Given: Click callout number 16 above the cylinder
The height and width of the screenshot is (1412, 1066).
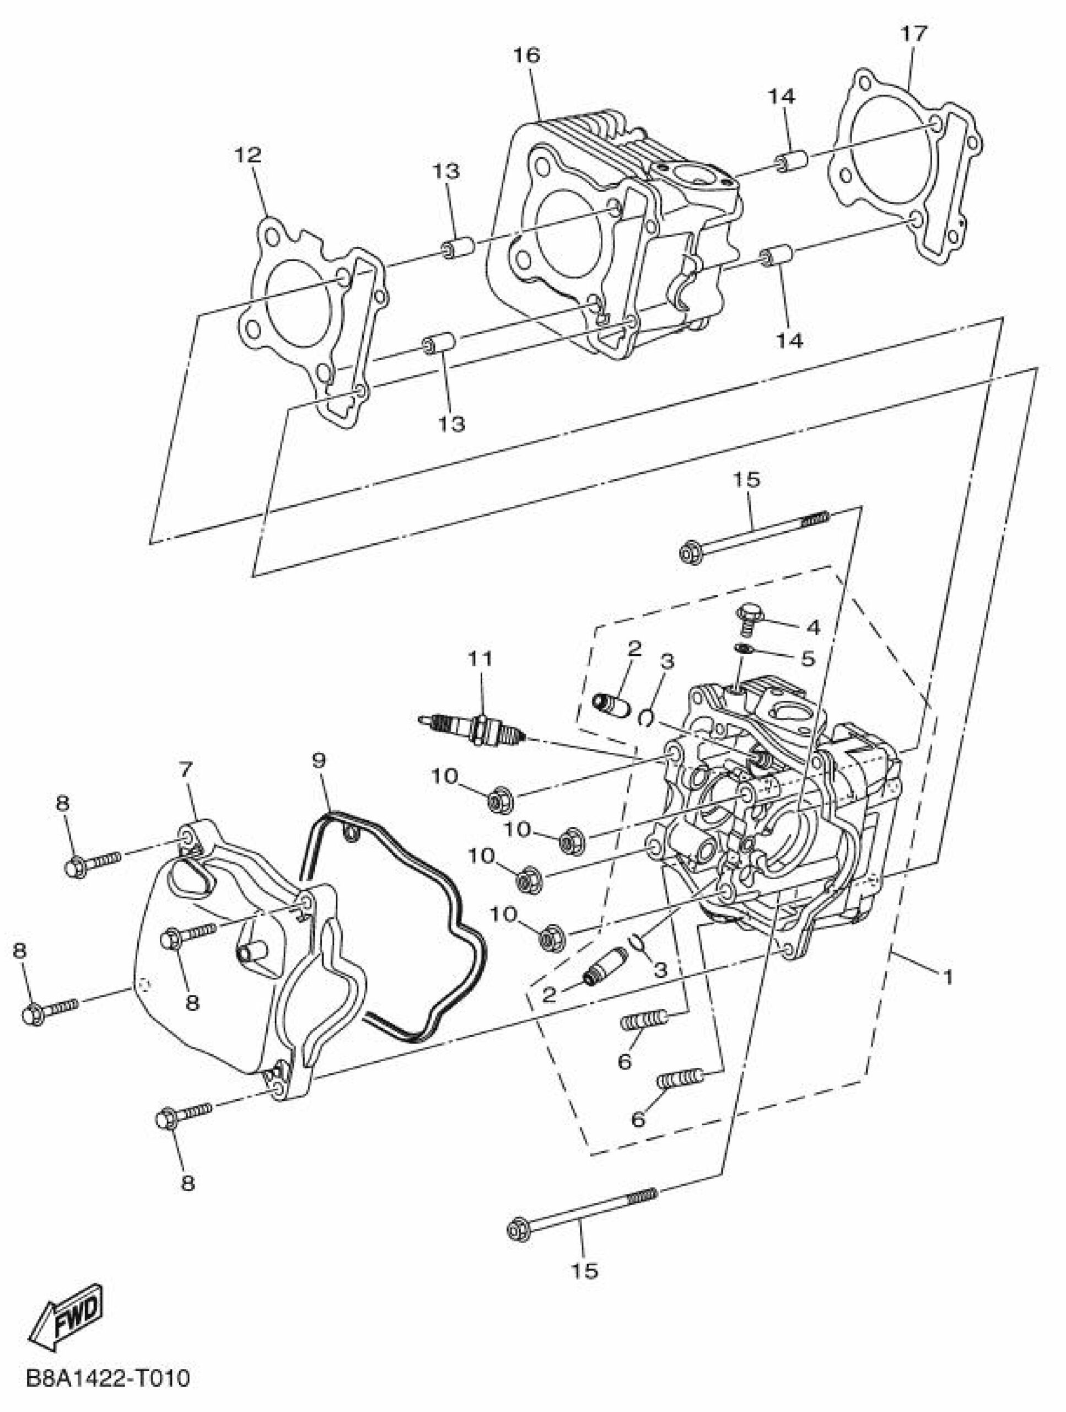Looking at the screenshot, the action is click(x=527, y=55).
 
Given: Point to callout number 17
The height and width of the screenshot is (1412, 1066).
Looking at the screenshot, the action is click(x=913, y=34).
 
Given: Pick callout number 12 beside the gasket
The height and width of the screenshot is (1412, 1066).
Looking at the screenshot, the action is click(x=247, y=154).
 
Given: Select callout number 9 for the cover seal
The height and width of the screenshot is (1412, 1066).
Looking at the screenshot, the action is click(x=319, y=759).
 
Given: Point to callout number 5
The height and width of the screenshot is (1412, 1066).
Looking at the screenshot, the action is click(x=808, y=658).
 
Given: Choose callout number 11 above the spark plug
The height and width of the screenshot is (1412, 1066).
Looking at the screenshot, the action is click(x=480, y=658).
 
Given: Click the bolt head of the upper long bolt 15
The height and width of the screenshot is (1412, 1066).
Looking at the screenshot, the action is click(x=691, y=551).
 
